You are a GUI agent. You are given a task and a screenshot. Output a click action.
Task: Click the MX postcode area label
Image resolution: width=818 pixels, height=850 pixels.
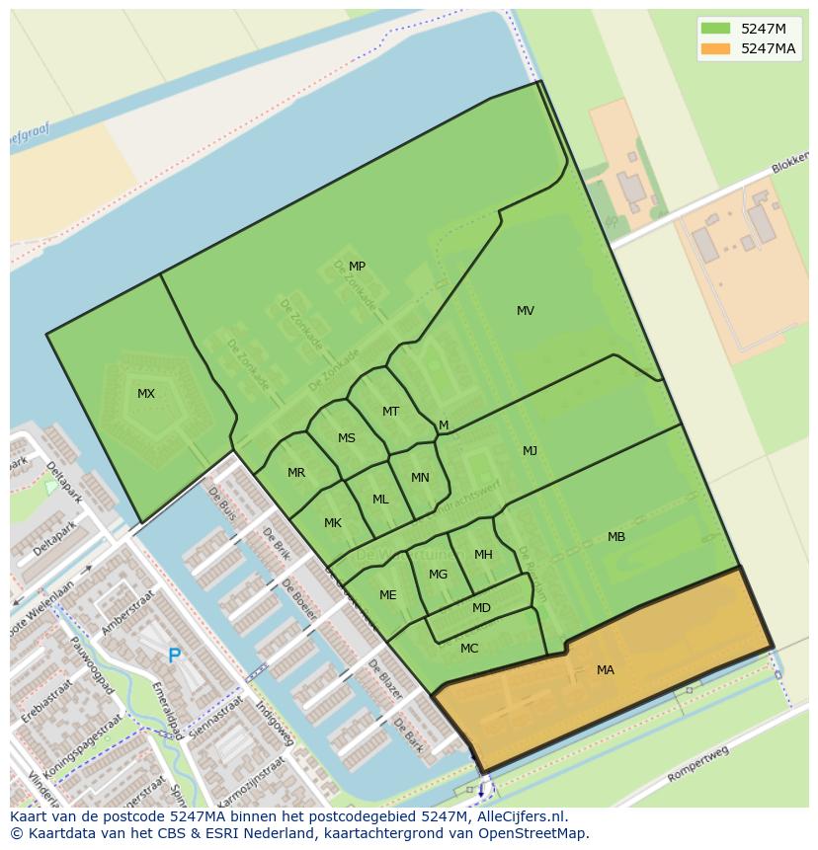click(x=146, y=394)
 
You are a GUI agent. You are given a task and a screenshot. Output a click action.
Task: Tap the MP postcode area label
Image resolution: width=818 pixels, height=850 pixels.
click(x=357, y=267)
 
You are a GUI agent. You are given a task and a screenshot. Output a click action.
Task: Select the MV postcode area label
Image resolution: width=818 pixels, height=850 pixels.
click(x=526, y=311)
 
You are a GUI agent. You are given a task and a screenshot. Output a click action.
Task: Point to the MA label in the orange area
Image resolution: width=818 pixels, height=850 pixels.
click(x=606, y=670)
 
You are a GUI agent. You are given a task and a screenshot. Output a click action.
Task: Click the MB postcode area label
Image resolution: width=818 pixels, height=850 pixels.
click(x=616, y=537)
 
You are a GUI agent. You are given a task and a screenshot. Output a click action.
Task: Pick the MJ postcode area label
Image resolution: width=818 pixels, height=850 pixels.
click(x=531, y=451)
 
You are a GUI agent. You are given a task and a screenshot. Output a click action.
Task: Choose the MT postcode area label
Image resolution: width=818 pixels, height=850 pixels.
click(x=391, y=412)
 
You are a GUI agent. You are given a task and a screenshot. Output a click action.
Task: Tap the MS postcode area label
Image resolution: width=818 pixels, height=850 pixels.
click(x=347, y=438)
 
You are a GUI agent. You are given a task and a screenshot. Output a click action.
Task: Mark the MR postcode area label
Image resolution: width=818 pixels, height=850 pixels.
click(x=296, y=473)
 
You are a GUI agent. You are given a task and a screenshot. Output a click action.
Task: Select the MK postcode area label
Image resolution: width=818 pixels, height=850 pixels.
click(x=333, y=523)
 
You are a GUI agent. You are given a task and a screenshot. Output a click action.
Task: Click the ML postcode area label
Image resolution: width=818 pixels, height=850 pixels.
click(x=380, y=500)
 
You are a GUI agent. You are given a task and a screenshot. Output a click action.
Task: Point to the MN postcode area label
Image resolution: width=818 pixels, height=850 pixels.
click(x=420, y=478)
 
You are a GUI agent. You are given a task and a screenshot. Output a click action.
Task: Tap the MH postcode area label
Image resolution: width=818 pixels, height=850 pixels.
click(x=483, y=555)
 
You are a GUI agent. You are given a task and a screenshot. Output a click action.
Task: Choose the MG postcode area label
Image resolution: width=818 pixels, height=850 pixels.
click(x=439, y=575)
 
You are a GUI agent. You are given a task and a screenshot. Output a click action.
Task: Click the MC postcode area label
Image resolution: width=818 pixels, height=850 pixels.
click(x=469, y=649)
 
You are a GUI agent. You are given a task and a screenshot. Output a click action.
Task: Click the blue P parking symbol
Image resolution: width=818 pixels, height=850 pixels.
click(x=174, y=656)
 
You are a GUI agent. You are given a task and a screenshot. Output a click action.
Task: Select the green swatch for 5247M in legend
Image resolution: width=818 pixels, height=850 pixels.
click(x=716, y=28)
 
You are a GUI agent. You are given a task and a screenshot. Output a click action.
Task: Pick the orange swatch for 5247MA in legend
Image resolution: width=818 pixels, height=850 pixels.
click(x=716, y=48)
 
